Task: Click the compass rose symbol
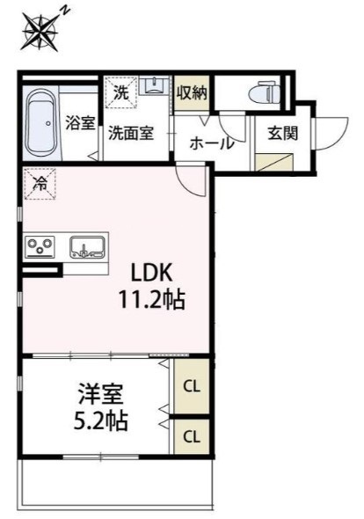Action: (40, 31)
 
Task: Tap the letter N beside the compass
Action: (66, 11)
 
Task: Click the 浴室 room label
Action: (80, 123)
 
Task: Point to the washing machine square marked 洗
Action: (121, 92)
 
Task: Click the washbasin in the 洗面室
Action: (154, 85)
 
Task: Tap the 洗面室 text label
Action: (131, 133)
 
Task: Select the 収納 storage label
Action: (192, 93)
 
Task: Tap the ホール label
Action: (212, 143)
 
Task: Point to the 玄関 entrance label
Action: (283, 133)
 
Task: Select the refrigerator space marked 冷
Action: (40, 184)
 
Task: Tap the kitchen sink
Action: (88, 247)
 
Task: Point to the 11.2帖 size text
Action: (151, 300)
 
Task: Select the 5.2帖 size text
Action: (101, 420)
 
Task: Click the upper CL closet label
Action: (192, 386)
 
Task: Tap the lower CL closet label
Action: (192, 437)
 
